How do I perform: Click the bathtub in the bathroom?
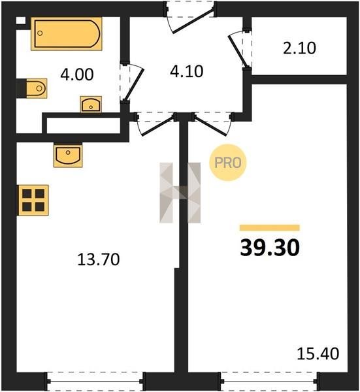click(x=67, y=34)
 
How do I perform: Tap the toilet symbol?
click(x=32, y=88)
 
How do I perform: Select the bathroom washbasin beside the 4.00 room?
click(x=91, y=105)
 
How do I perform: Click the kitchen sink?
click(x=68, y=155)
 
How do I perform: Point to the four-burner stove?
click(x=33, y=200)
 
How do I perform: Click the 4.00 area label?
click(x=77, y=74)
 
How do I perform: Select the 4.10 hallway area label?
click(x=186, y=71)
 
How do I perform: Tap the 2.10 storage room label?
click(x=299, y=48)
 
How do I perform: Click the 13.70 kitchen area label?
click(x=99, y=259)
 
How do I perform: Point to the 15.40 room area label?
click(x=318, y=353)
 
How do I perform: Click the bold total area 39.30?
click(x=270, y=248)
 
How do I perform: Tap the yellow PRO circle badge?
click(x=228, y=163)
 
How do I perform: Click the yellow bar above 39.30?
click(x=269, y=227)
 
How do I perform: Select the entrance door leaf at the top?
click(x=193, y=20)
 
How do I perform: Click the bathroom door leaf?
click(x=134, y=84)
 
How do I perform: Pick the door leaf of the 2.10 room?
click(x=238, y=51)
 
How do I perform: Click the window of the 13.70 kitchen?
click(x=95, y=382)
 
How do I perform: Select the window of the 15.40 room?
click(x=269, y=382)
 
